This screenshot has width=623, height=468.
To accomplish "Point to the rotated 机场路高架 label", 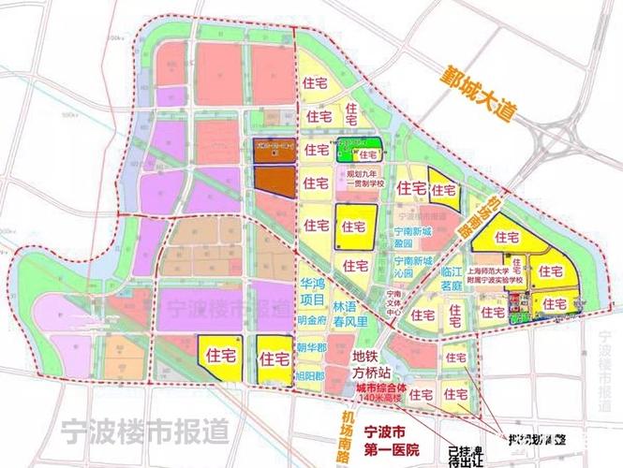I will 479,217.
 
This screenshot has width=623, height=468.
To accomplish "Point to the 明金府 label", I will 308,320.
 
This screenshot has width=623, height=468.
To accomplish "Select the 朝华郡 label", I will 309,348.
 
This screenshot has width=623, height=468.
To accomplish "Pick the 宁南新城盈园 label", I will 413,235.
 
